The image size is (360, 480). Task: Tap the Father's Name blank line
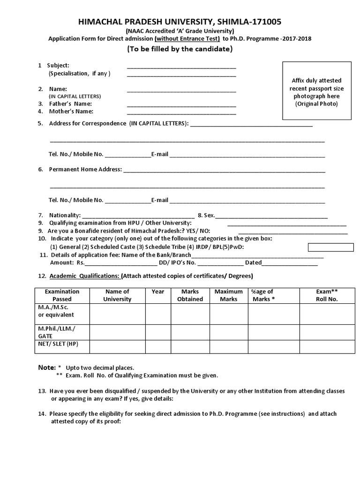click(181, 105)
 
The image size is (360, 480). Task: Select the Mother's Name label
click(71, 112)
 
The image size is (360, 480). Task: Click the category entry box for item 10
click(330, 247)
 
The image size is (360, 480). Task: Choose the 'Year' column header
click(158, 292)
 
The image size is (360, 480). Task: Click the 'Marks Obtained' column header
click(190, 295)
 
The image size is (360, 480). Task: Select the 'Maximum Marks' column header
click(228, 295)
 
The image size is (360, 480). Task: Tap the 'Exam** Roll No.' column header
click(327, 295)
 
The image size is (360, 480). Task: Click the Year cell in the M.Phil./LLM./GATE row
click(158, 332)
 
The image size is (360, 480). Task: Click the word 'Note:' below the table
click(46, 367)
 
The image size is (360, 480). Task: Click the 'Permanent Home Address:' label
click(85, 169)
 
